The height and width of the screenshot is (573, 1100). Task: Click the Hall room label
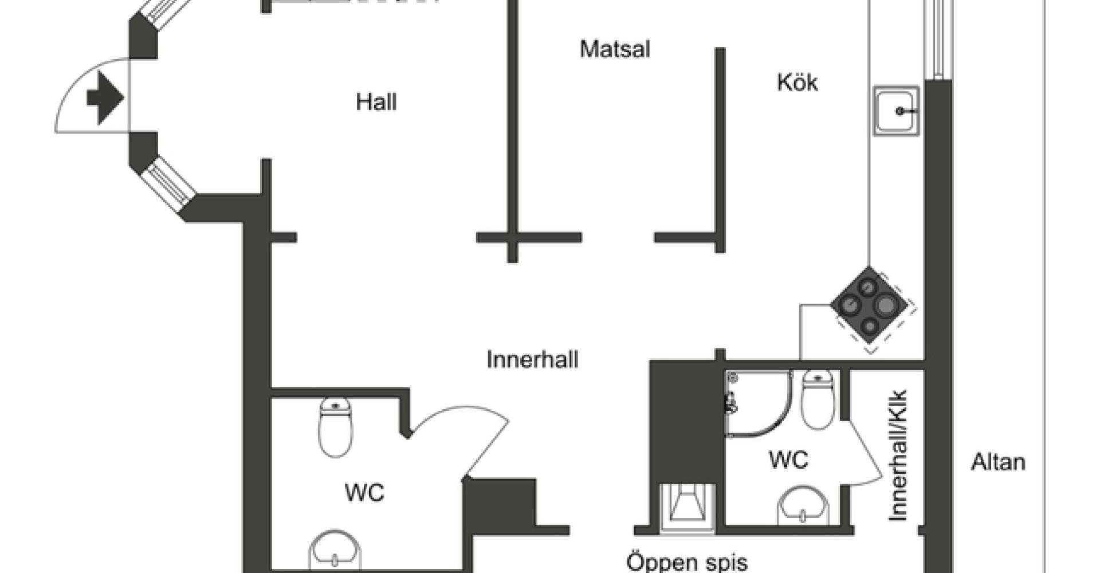[x=376, y=103]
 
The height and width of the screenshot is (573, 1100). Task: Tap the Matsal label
[x=615, y=49]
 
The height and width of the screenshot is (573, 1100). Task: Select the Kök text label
[x=797, y=83]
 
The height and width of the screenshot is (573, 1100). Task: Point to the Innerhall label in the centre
[x=532, y=360]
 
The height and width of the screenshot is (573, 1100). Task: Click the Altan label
[x=998, y=462]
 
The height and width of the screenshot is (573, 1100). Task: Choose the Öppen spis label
[x=687, y=562]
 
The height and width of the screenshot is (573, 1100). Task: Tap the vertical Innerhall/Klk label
[x=898, y=456]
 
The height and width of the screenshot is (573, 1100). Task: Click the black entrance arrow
[x=105, y=97]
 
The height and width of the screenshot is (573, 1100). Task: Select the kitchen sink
[x=896, y=111]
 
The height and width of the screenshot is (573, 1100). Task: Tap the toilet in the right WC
[x=818, y=399]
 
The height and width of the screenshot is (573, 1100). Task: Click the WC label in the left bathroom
[x=364, y=493]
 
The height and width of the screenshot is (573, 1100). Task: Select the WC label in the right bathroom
[x=788, y=460]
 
